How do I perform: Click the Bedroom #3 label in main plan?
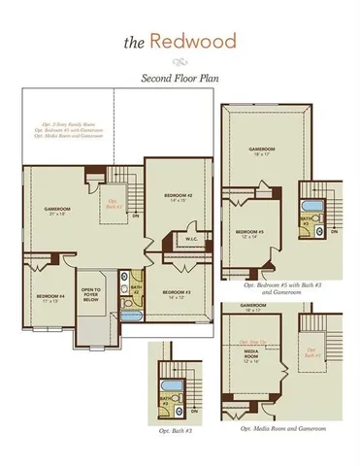click(x=175, y=293)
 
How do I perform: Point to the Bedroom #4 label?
click(x=50, y=297)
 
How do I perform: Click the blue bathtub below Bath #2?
click(x=134, y=316)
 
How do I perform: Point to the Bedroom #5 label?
click(x=249, y=234)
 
